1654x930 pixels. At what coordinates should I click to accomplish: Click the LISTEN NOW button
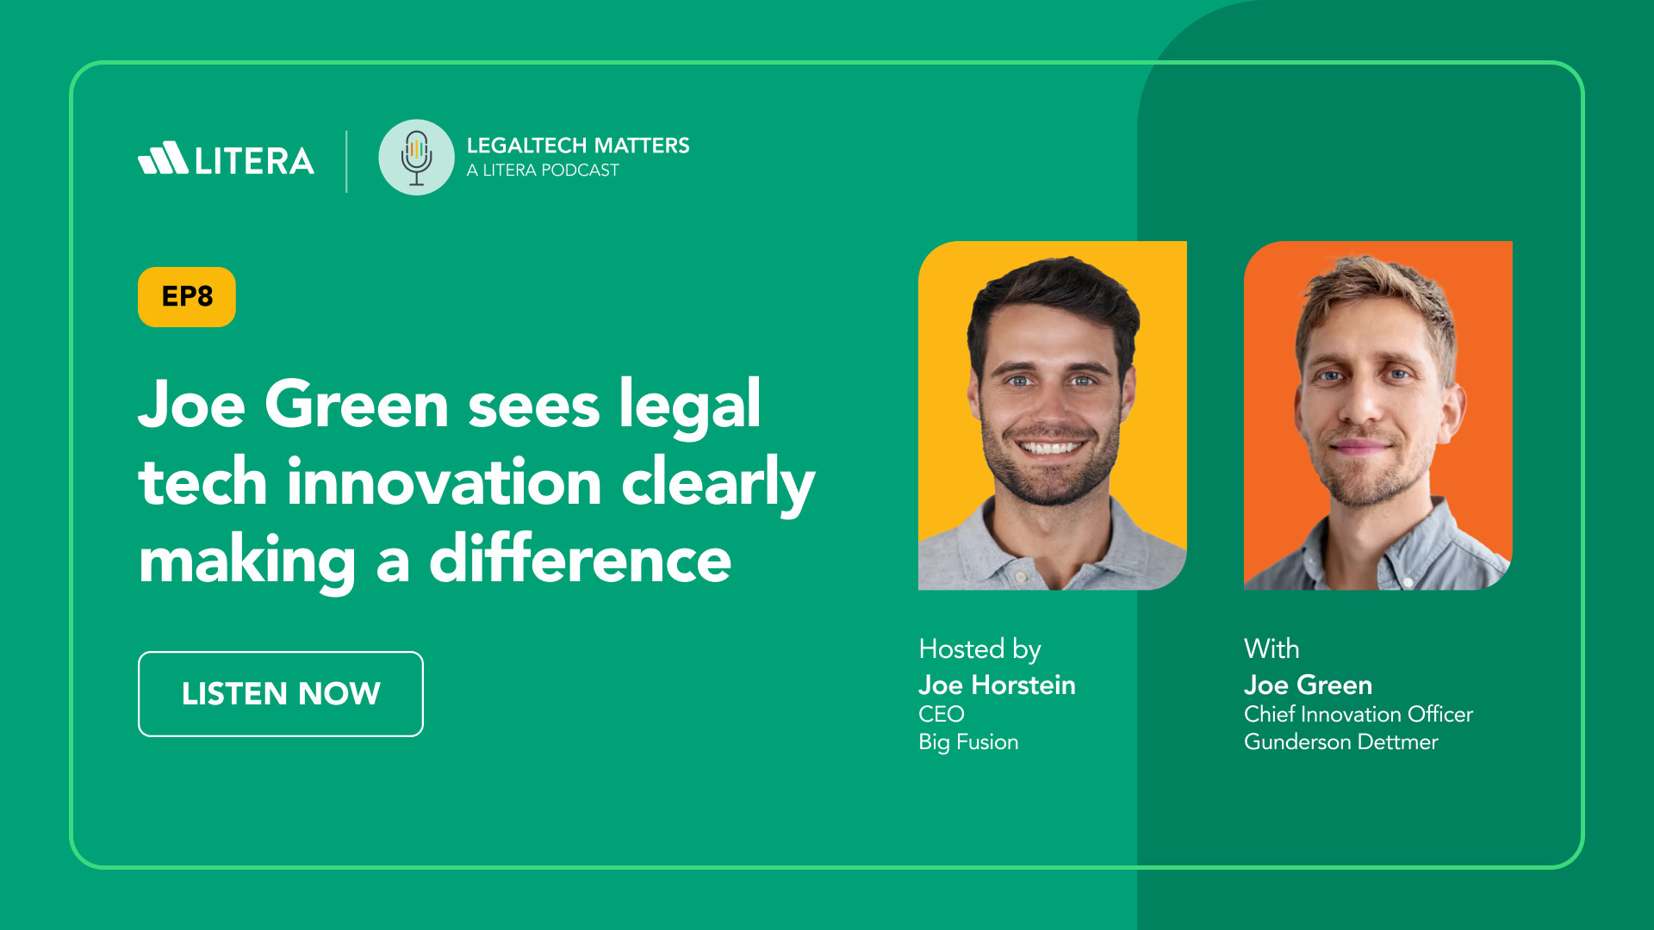pyautogui.click(x=281, y=694)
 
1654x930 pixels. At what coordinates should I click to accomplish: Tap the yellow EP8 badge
pyautogui.click(x=187, y=297)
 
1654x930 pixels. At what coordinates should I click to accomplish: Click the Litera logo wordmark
pyautogui.click(x=227, y=159)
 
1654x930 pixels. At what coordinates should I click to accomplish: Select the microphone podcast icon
pyautogui.click(x=416, y=158)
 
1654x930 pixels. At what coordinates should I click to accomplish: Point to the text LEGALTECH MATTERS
pyautogui.click(x=578, y=146)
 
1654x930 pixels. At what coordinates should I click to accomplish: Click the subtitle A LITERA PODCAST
pyautogui.click(x=543, y=170)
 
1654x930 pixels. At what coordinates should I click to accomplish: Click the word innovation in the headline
pyautogui.click(x=445, y=482)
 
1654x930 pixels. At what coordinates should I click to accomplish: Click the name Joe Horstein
pyautogui.click(x=997, y=685)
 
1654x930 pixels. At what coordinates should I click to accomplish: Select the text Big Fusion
pyautogui.click(x=968, y=742)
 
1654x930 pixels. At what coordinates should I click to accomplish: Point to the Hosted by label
pyautogui.click(x=979, y=649)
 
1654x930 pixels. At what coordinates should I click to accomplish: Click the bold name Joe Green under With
pyautogui.click(x=1308, y=685)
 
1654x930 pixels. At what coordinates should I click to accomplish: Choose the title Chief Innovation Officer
pyautogui.click(x=1359, y=714)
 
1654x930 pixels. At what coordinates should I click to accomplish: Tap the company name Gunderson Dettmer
pyautogui.click(x=1341, y=742)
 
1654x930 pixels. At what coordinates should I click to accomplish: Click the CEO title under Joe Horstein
pyautogui.click(x=941, y=714)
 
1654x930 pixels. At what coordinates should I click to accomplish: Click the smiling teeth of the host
pyautogui.click(x=1049, y=448)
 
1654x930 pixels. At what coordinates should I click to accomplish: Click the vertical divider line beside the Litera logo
pyautogui.click(x=346, y=161)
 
